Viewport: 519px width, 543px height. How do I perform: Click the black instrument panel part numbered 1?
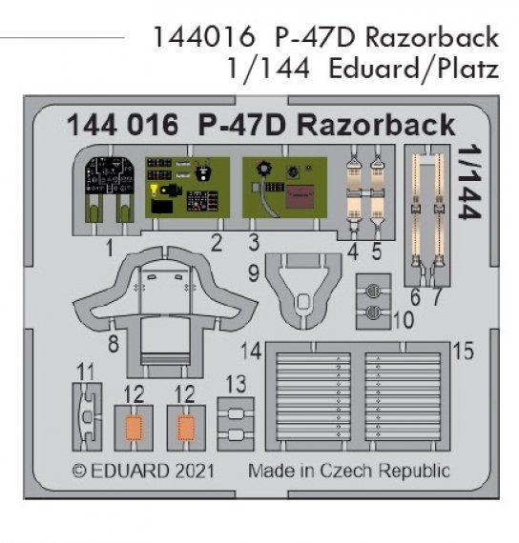[107, 186]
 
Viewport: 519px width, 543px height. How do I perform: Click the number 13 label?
[235, 385]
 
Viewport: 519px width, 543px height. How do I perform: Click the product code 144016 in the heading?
[203, 39]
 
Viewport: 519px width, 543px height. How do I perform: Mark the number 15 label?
[464, 352]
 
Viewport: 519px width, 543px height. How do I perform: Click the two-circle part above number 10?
[375, 296]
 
